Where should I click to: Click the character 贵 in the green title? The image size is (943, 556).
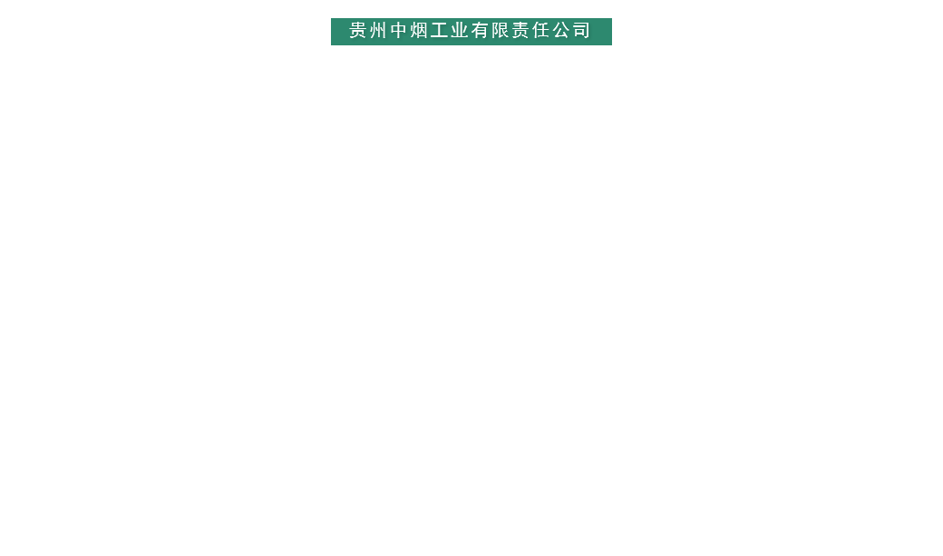pyautogui.click(x=359, y=31)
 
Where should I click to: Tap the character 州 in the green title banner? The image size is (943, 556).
pyautogui.click(x=379, y=31)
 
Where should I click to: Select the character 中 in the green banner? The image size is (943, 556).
pyautogui.click(x=400, y=31)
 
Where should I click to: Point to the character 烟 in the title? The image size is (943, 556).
pyautogui.click(x=420, y=31)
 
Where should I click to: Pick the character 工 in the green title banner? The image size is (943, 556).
pyautogui.click(x=440, y=31)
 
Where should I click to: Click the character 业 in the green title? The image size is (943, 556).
pyautogui.click(x=460, y=31)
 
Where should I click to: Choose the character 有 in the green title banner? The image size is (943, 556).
pyautogui.click(x=481, y=31)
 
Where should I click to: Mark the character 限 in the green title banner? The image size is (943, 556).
pyautogui.click(x=501, y=31)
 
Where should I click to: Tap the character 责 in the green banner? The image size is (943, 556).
pyautogui.click(x=520, y=31)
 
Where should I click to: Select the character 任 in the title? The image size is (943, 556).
pyautogui.click(x=540, y=31)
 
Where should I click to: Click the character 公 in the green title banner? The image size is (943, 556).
pyautogui.click(x=561, y=31)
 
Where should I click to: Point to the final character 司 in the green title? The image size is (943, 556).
pyautogui.click(x=581, y=31)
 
